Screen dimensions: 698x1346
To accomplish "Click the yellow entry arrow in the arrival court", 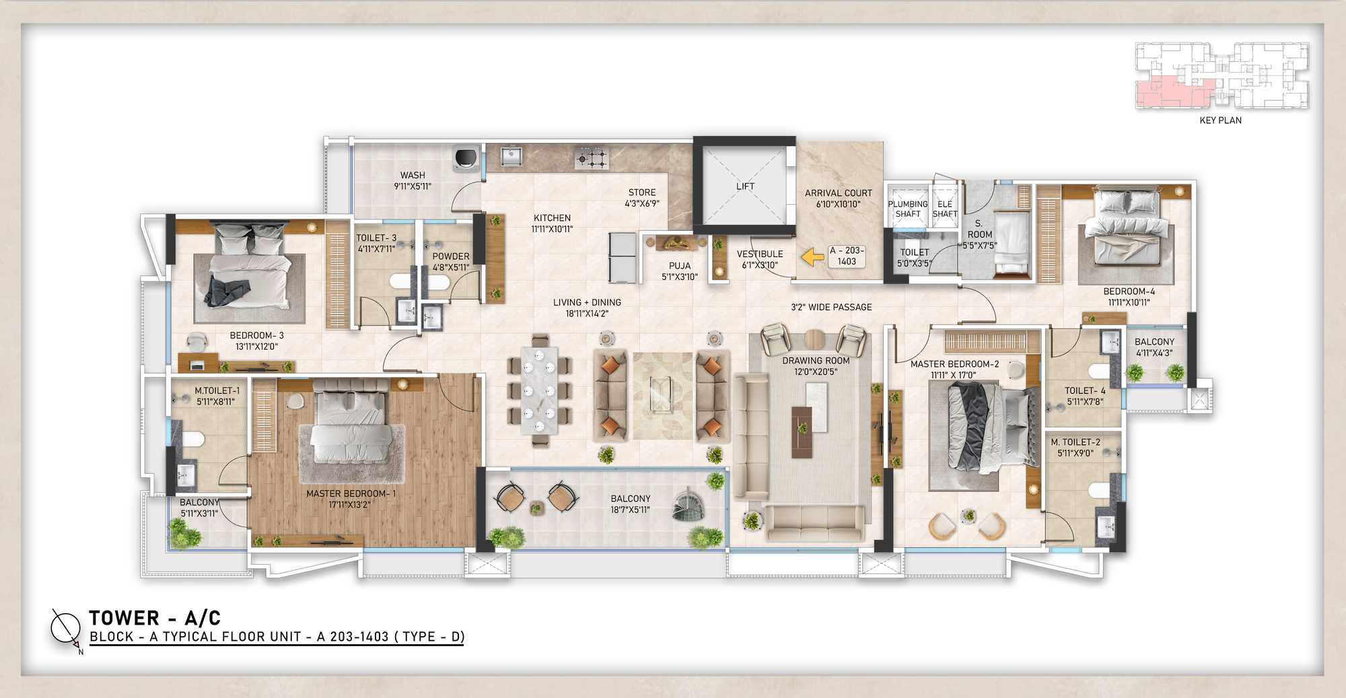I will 813,256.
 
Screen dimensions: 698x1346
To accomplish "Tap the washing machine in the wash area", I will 466,157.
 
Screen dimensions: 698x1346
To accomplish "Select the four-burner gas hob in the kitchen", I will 592,158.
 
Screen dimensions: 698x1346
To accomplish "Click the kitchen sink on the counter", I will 512,156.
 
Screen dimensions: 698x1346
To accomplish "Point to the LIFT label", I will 745,186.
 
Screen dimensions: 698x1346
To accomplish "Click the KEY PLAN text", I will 1220,120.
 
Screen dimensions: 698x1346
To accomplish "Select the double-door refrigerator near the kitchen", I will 623,257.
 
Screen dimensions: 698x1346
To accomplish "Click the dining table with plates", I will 540,390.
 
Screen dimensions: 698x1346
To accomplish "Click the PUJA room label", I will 680,266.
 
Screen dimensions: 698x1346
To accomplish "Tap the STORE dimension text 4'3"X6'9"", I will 641,203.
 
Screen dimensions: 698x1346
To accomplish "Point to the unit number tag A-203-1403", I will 847,256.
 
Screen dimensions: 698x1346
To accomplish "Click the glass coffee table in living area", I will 661,394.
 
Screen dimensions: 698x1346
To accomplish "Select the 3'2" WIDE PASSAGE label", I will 831,307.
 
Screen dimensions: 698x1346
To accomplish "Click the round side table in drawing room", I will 814,339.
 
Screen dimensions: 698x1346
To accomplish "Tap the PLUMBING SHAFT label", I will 907,209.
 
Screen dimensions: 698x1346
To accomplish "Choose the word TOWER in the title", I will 125,618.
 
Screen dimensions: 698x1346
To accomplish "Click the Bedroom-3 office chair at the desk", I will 197,341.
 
